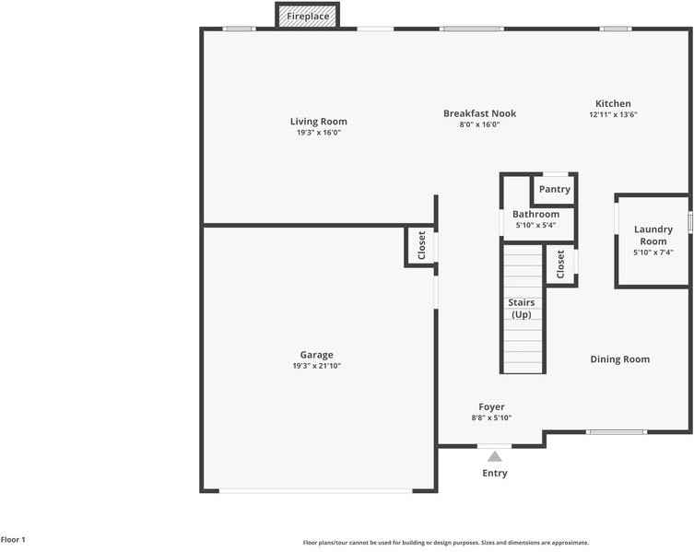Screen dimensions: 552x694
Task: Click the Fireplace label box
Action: [x=308, y=17]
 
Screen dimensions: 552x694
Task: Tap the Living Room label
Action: [x=318, y=122]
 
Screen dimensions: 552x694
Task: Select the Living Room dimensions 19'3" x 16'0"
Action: [x=318, y=133]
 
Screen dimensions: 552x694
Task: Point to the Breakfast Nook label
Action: [x=479, y=113]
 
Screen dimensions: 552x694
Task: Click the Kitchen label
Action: [x=613, y=104]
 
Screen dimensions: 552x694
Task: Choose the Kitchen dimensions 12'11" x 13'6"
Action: [x=613, y=115]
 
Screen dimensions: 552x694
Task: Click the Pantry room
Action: [x=555, y=189]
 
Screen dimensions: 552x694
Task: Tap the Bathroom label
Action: [x=536, y=215]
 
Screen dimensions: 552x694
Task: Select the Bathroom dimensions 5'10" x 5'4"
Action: [x=536, y=225]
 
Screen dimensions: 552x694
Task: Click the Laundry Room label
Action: [x=653, y=235]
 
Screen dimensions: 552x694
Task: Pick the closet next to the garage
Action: [x=421, y=245]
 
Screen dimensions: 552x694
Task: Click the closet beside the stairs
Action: [x=560, y=264]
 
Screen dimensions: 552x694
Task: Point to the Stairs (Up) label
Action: [x=522, y=309]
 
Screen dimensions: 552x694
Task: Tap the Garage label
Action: [x=316, y=355]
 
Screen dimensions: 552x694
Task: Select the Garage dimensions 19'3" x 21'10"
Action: [x=316, y=366]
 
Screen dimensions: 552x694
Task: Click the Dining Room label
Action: [x=619, y=359]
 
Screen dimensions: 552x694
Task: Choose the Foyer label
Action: [x=491, y=407]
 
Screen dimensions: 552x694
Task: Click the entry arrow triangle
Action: [x=495, y=455]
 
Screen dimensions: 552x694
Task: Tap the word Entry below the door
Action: [x=495, y=474]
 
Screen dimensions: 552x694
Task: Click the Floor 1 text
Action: [x=13, y=540]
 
